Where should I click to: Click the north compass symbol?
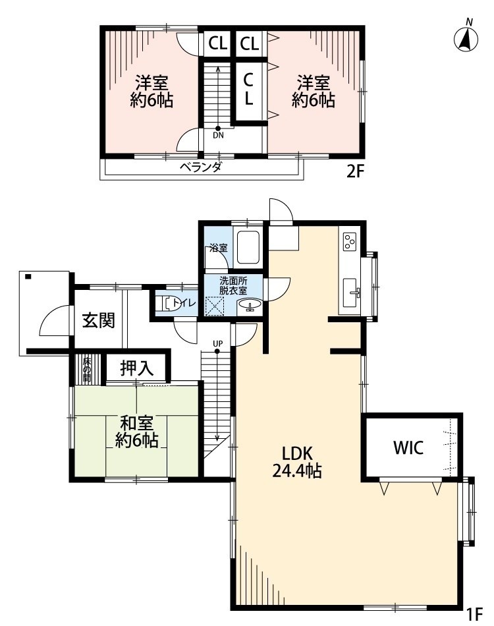[x=466, y=38]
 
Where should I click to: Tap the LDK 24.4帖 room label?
[x=297, y=463]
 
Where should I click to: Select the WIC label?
[x=408, y=447]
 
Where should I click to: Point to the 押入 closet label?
[x=137, y=369]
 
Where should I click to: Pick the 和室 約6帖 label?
[x=137, y=431]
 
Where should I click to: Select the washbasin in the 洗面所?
[x=250, y=307]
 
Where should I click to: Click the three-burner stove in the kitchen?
[x=350, y=242]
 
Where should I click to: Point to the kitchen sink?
[x=352, y=292]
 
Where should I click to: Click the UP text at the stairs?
[x=218, y=343]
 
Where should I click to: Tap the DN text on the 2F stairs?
[x=218, y=135]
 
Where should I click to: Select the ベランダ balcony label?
[x=201, y=167]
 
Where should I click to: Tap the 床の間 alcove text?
[x=86, y=370]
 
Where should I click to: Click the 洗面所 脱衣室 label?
[x=233, y=286]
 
